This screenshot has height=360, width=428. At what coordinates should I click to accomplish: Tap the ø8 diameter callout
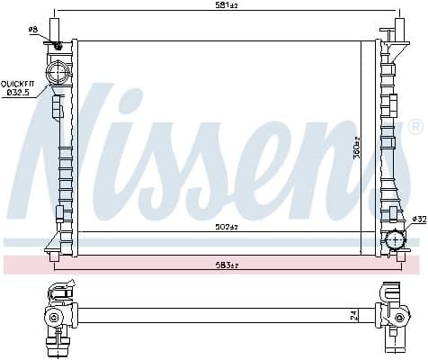[33, 30]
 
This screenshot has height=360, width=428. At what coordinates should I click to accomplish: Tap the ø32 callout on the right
[418, 219]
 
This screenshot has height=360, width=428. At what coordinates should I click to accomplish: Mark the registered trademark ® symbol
[415, 126]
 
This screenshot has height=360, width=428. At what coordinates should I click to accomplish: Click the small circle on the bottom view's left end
[53, 318]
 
